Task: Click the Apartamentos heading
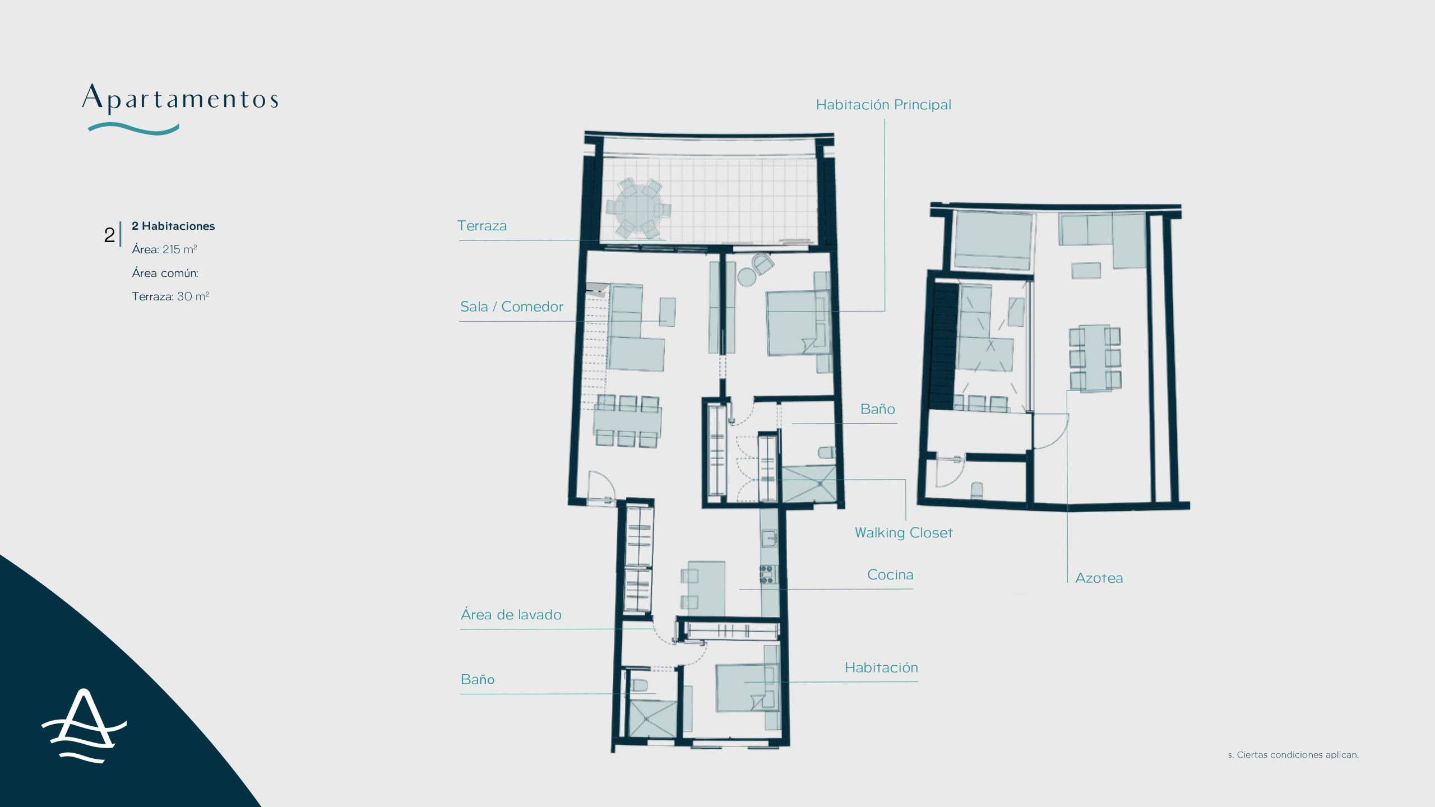pos(180,98)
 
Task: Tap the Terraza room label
pos(482,226)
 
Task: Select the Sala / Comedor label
pos(512,307)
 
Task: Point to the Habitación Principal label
pos(883,105)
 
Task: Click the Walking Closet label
pos(904,532)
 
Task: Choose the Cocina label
pos(890,574)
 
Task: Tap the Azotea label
pos(1099,578)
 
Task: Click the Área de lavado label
pos(511,614)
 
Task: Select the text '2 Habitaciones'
pos(173,226)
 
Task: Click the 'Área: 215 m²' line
pos(164,249)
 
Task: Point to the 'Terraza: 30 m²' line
pos(170,296)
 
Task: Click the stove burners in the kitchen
pos(766,574)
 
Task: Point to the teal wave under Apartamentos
pos(133,129)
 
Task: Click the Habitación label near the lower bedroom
pos(881,667)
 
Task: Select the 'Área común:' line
pos(165,273)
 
